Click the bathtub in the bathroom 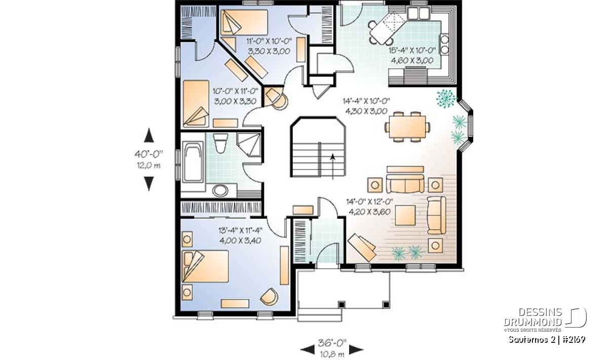coord(193,162)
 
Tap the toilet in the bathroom coord(220,143)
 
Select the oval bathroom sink coord(220,190)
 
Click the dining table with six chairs coord(407,127)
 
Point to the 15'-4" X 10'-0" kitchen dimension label coord(412,51)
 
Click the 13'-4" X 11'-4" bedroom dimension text coord(240,230)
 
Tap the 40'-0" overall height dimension coord(149,154)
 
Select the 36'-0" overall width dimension coord(332,343)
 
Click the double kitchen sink coord(419,13)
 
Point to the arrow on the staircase coord(333,167)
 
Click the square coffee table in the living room coord(405,215)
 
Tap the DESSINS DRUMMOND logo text coord(533,317)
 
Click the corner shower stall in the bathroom coord(249,144)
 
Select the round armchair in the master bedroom coord(269,297)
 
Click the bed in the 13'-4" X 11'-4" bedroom coord(205,266)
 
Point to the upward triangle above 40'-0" coord(149,136)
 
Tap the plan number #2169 coord(573,340)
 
